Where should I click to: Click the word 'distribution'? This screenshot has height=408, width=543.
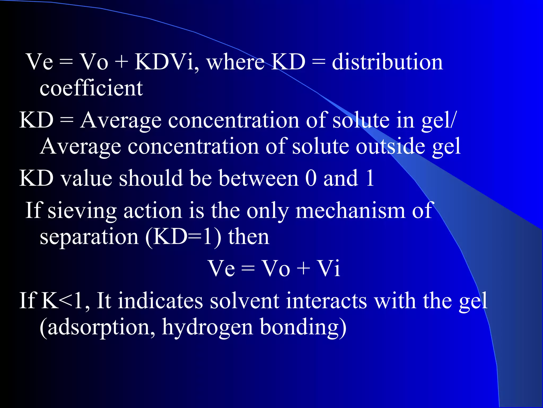click(387, 62)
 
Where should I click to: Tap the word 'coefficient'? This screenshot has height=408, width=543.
click(91, 88)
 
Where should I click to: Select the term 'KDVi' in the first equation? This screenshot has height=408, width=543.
click(167, 62)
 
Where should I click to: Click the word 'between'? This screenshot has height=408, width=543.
click(259, 178)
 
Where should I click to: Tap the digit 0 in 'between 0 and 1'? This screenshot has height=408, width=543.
click(311, 178)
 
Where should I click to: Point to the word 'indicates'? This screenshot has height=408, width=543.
click(161, 301)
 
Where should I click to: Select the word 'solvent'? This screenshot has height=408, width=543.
click(244, 301)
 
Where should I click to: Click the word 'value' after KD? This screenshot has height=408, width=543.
click(86, 178)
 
